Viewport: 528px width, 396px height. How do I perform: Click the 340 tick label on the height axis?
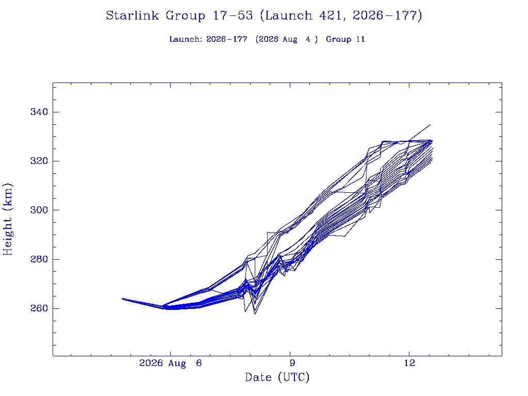pyautogui.click(x=39, y=112)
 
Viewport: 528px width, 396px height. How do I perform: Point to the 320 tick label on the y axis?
pyautogui.click(x=39, y=161)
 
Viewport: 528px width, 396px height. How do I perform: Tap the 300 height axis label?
pyautogui.click(x=39, y=210)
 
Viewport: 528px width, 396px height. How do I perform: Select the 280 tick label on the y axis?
pyautogui.click(x=39, y=259)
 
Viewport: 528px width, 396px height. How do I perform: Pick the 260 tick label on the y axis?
pyautogui.click(x=39, y=308)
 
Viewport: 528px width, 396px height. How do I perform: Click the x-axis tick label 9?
pyautogui.click(x=292, y=363)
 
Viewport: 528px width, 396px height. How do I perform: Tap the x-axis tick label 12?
pyautogui.click(x=409, y=363)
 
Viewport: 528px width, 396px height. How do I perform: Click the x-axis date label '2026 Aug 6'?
pyautogui.click(x=170, y=364)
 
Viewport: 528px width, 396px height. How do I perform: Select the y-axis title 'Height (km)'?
pyautogui.click(x=7, y=219)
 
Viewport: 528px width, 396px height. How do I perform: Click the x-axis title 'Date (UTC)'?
pyautogui.click(x=277, y=377)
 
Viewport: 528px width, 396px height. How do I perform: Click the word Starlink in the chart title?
pyautogui.click(x=132, y=15)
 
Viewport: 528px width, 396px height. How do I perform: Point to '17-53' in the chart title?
pyautogui.click(x=233, y=15)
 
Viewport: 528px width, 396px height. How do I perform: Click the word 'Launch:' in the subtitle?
pyautogui.click(x=186, y=39)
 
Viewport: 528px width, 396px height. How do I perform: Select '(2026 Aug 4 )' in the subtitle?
pyautogui.click(x=287, y=39)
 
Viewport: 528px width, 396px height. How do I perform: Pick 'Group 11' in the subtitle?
pyautogui.click(x=345, y=39)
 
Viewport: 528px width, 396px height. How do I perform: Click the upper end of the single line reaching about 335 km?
pyautogui.click(x=431, y=125)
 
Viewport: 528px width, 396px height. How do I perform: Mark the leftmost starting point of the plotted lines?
pyautogui.click(x=122, y=299)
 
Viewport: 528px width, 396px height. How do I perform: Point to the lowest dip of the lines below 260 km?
pyautogui.click(x=255, y=314)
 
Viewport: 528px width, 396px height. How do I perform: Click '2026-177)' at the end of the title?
pyautogui.click(x=387, y=15)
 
